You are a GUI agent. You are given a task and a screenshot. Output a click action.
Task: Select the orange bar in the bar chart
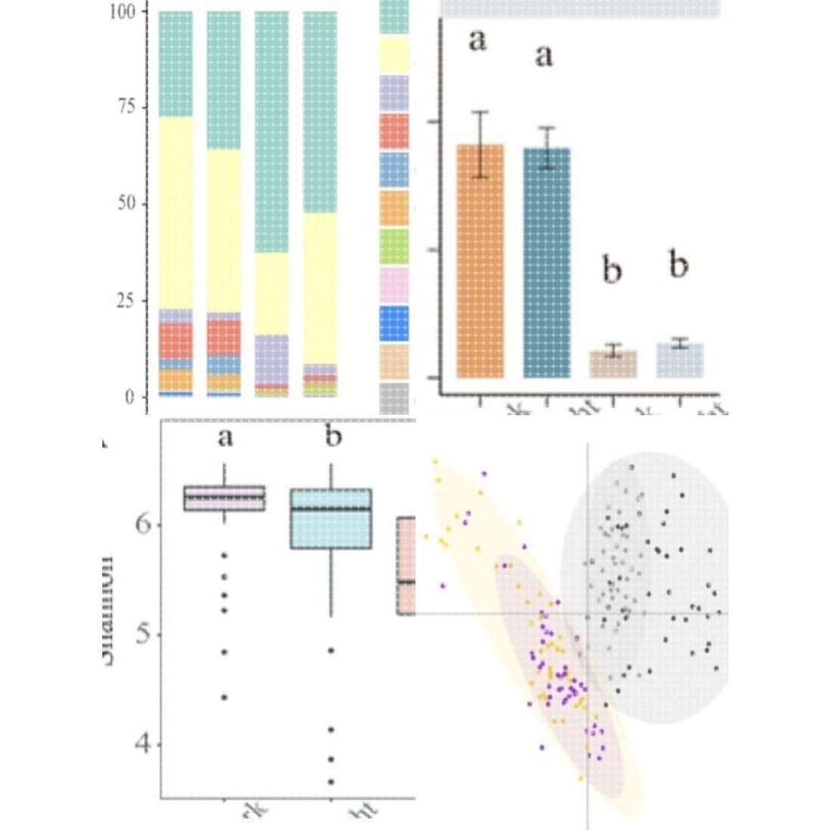point(480,260)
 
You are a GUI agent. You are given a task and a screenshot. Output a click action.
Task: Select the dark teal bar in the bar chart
point(547,263)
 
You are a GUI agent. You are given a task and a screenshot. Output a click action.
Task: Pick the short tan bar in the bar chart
point(613,364)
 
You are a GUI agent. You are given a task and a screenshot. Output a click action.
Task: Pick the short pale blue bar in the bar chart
point(679,361)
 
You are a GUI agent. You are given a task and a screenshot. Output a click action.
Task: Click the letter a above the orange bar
point(477,41)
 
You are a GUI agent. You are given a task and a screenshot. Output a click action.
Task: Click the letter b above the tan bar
point(611,271)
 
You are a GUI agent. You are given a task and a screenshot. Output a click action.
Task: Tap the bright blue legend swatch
point(393,323)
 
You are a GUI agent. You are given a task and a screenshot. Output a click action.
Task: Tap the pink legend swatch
point(393,284)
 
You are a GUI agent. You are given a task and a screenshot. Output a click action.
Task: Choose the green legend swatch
point(393,246)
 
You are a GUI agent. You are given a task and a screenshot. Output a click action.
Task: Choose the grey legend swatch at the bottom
point(393,398)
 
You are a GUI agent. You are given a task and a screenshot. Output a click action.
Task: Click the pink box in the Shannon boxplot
point(225,498)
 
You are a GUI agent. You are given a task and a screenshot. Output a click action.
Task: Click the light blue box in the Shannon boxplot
point(331,519)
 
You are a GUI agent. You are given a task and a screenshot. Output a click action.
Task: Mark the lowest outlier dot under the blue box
point(331,781)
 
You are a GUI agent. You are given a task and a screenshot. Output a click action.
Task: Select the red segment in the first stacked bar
point(176,340)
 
